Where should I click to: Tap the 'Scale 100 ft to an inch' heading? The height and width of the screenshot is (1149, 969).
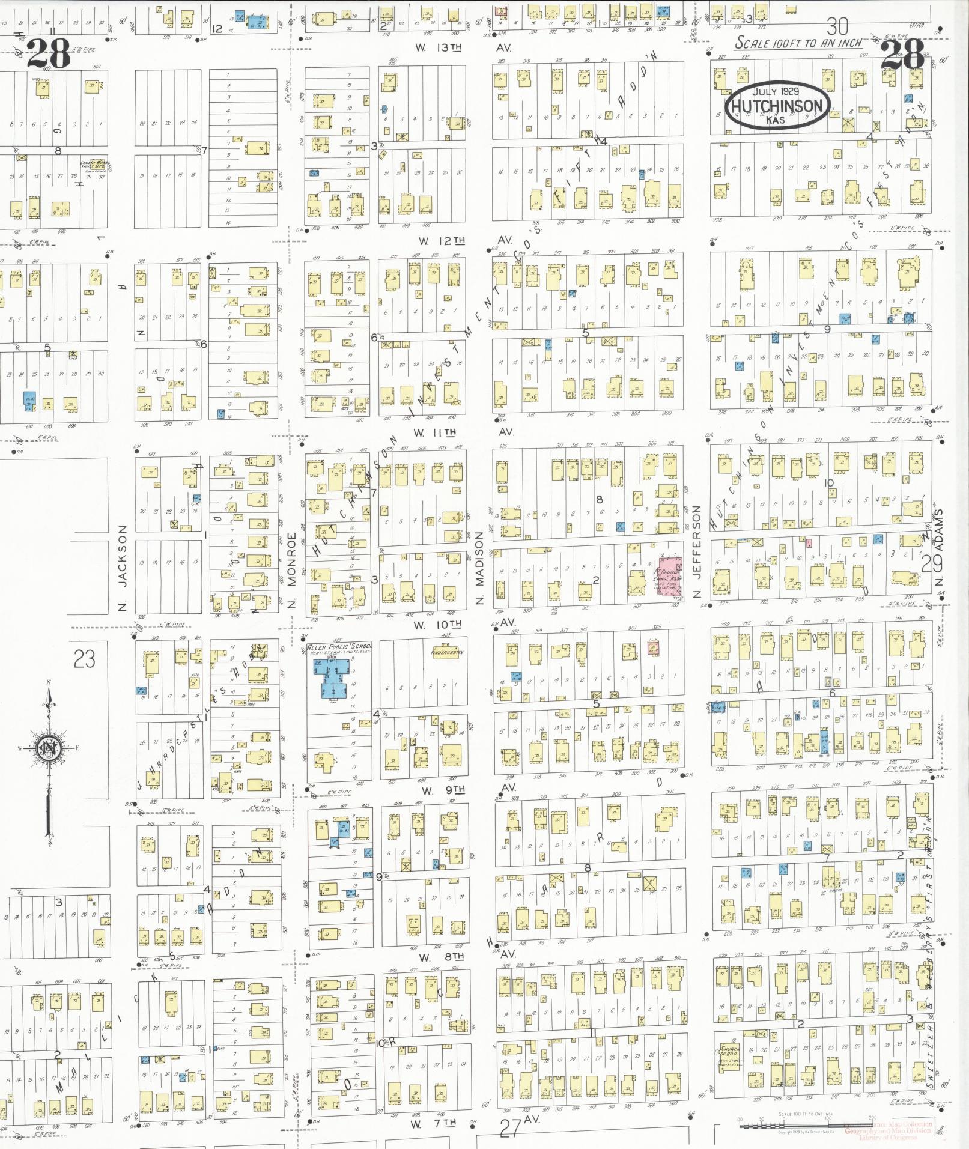point(799,43)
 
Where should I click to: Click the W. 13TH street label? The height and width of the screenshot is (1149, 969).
point(442,47)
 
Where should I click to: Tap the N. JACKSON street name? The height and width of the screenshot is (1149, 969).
point(123,568)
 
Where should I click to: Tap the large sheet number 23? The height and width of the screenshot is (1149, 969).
point(84,660)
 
